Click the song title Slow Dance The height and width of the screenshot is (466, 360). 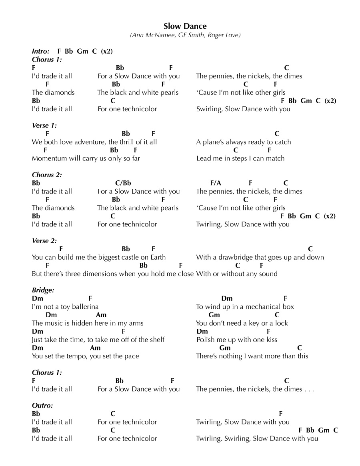coord(185,26)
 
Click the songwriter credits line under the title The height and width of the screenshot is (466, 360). coord(185,35)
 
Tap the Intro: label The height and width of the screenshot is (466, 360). coord(41,51)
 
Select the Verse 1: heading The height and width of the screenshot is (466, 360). coord(44,126)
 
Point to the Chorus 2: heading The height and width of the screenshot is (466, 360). coord(47,175)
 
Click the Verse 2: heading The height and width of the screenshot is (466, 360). coord(44,241)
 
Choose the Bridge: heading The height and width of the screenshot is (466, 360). coord(43,290)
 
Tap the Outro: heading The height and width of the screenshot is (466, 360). coord(42,405)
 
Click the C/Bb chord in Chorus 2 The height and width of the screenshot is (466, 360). coord(123,183)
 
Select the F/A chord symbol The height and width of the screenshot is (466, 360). coord(216,183)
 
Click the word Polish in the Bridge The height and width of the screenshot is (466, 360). coord(205,340)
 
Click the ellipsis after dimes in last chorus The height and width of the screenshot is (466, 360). coord(309,389)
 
